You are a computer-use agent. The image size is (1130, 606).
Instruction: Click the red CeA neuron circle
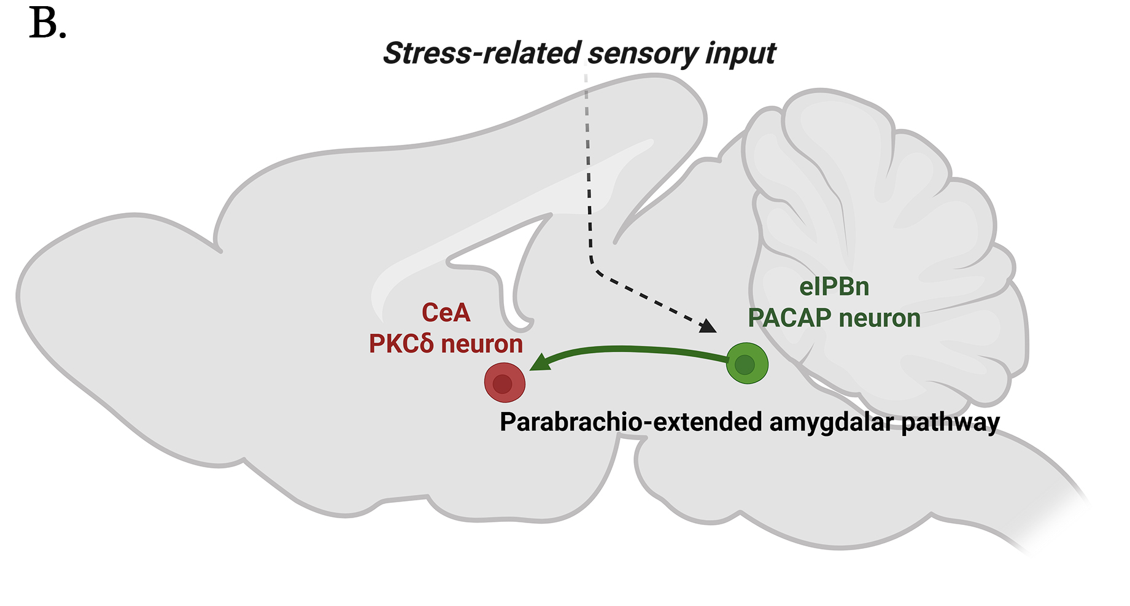coord(505,382)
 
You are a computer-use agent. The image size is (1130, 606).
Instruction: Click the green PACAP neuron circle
coord(747,363)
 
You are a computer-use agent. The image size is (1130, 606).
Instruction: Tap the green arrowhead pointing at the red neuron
coord(540,362)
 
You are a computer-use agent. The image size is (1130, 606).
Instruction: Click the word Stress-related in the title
coord(482,53)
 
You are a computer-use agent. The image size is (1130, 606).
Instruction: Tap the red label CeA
coord(446,313)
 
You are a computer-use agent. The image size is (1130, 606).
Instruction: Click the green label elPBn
coord(834,287)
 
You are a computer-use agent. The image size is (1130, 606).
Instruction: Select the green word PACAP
coord(789,318)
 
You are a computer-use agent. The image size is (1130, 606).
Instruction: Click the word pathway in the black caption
coord(950,422)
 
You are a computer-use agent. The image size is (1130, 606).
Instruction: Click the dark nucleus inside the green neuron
coord(744,365)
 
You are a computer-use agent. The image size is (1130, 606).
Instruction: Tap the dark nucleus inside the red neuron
coord(502,384)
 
